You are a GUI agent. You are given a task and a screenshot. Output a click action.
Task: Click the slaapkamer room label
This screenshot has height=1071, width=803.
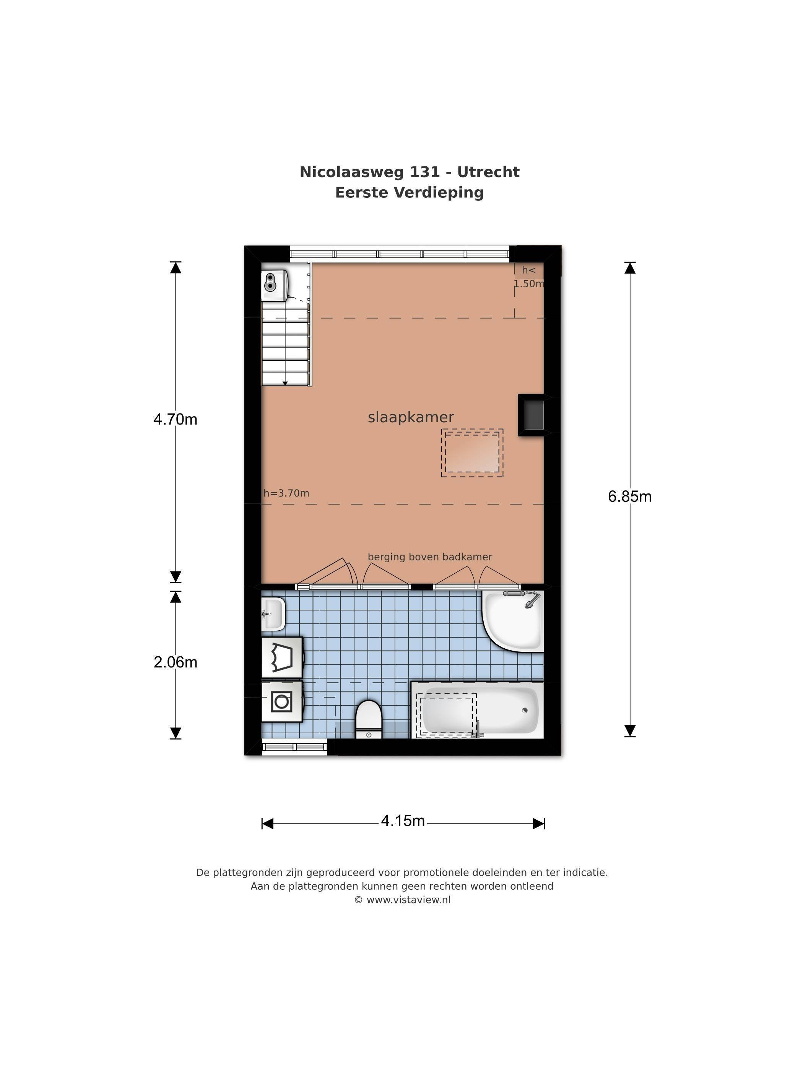point(410,417)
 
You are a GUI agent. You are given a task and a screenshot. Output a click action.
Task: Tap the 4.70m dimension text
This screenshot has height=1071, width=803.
point(175,419)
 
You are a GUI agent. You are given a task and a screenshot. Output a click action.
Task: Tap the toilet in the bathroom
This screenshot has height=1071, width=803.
point(369,719)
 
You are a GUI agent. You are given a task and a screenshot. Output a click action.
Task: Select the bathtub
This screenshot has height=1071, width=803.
point(477,710)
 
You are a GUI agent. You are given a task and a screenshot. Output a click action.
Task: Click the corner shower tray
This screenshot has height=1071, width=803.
point(513,621)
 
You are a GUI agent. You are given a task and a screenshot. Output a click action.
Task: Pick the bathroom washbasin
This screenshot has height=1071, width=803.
point(273,614)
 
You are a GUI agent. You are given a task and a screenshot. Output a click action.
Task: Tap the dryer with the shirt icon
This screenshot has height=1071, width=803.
point(282,658)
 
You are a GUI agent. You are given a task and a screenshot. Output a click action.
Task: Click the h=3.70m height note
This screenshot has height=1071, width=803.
point(286,493)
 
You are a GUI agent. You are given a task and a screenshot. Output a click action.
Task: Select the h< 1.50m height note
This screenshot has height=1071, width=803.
point(528,277)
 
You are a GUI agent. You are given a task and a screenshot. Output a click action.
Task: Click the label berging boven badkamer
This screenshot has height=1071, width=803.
point(430,557)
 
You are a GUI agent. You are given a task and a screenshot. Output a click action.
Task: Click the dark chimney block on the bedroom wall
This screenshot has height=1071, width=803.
point(532,415)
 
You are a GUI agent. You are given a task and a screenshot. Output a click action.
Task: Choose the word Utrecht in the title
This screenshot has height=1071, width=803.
point(488,172)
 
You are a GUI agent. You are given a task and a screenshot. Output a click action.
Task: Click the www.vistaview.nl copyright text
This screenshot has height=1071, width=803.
point(402,900)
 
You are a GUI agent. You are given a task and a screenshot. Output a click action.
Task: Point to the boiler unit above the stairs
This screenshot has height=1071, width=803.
point(275,285)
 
